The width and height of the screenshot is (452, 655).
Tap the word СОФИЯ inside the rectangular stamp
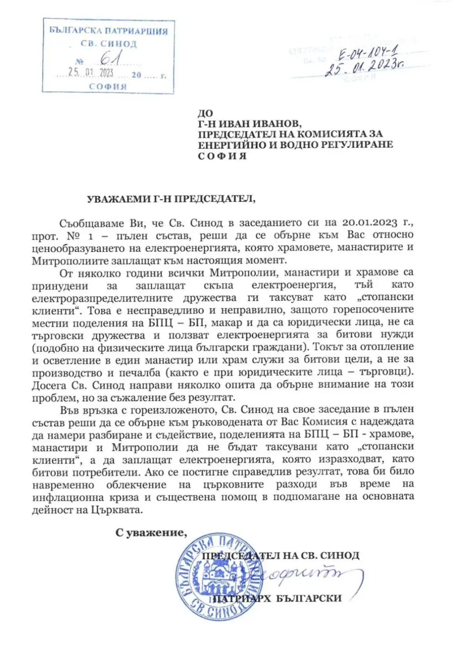[x=108, y=86]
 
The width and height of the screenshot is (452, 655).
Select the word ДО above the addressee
[x=205, y=113]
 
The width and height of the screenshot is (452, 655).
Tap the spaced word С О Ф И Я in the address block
[x=222, y=156]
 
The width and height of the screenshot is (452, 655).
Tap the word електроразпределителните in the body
[x=102, y=298]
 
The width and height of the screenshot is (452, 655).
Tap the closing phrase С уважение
[x=151, y=533]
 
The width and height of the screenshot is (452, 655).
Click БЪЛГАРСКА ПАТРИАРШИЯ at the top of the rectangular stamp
[x=109, y=31]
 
